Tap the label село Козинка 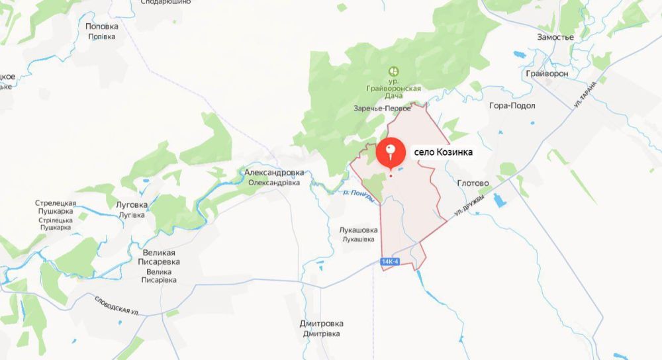click(443, 152)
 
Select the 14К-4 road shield click(391, 262)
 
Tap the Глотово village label click(473, 183)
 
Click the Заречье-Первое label click(382, 109)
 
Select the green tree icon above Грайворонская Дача click(393, 70)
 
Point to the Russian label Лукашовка click(358, 230)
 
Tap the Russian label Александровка click(274, 173)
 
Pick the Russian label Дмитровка click(322, 324)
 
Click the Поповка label click(102, 26)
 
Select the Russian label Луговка click(131, 206)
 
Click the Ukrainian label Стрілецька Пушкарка click(56, 224)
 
